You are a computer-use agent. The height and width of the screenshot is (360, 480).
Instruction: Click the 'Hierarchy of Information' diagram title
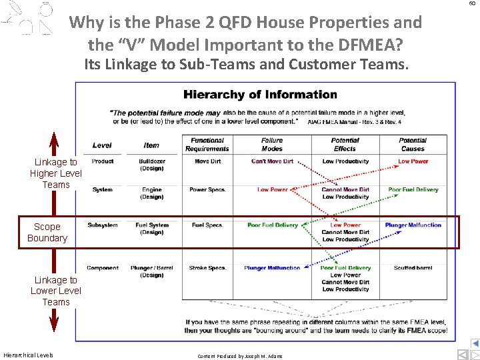[x=260, y=95]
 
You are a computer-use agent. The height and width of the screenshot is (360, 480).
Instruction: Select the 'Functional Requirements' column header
[x=207, y=145]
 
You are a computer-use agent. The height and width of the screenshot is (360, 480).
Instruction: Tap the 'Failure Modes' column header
[x=271, y=145]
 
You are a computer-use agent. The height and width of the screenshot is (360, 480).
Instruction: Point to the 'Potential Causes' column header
[x=413, y=145]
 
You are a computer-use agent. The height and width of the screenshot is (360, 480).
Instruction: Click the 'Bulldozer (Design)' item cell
[x=151, y=165]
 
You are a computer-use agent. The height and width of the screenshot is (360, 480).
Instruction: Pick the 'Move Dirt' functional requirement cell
[x=207, y=161]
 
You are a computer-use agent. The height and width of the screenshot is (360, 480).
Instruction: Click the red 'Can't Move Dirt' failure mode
[x=272, y=161]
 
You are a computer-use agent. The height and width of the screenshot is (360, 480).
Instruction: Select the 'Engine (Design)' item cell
[x=151, y=193]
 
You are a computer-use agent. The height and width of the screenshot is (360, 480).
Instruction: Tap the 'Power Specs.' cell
[x=207, y=190]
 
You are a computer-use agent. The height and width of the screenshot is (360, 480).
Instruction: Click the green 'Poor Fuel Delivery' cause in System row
[x=413, y=190]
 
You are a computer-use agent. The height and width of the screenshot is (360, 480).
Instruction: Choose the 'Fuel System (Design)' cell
[x=151, y=229]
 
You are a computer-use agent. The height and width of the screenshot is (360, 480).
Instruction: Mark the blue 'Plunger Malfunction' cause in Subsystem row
[x=413, y=225]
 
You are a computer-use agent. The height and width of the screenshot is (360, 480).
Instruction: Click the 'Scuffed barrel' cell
[x=413, y=268]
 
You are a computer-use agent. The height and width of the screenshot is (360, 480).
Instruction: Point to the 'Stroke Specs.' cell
[x=207, y=268]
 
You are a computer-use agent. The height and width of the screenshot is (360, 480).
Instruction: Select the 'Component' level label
[x=103, y=268]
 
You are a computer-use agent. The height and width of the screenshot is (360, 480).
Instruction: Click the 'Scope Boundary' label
[x=47, y=232]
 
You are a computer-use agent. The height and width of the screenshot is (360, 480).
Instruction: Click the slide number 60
[x=472, y=3]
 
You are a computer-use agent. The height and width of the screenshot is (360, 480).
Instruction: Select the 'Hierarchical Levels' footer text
[x=28, y=355]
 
